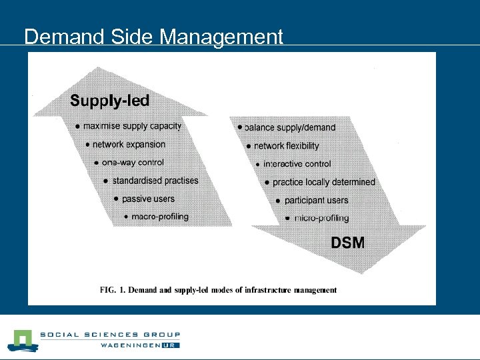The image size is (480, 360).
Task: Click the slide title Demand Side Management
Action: point(153,37)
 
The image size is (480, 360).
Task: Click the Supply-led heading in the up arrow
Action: point(110,101)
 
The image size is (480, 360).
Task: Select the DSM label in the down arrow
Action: point(348,243)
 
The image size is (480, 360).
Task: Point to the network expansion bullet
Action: point(129,144)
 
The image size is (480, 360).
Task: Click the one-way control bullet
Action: point(133,162)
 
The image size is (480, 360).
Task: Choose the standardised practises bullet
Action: point(155,180)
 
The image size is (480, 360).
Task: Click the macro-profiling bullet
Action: point(160,216)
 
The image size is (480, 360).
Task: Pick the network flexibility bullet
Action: point(287,145)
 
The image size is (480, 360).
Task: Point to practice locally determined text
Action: point(323,181)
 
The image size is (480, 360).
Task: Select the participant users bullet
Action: point(316,200)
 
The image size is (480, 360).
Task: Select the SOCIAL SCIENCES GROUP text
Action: point(109,335)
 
